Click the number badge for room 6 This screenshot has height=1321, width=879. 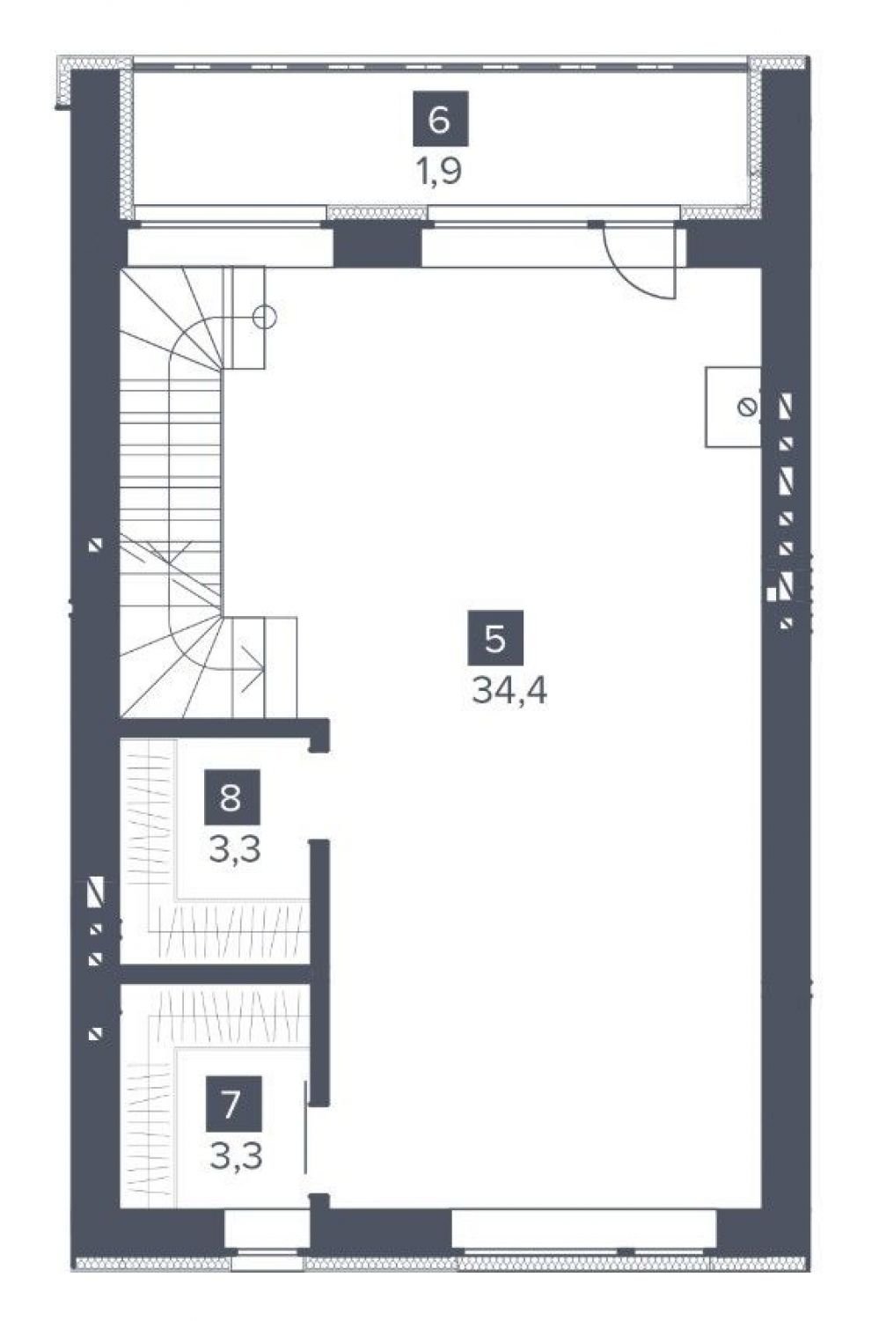(439, 118)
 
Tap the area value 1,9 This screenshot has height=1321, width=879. (439, 172)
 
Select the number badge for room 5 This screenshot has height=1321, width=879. (495, 637)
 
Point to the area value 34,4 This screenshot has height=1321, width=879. (509, 691)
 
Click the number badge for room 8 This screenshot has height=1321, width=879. (231, 797)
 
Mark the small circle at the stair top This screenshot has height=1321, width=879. (265, 318)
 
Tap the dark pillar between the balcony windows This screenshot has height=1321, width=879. (377, 246)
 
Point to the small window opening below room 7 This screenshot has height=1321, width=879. (267, 1243)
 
